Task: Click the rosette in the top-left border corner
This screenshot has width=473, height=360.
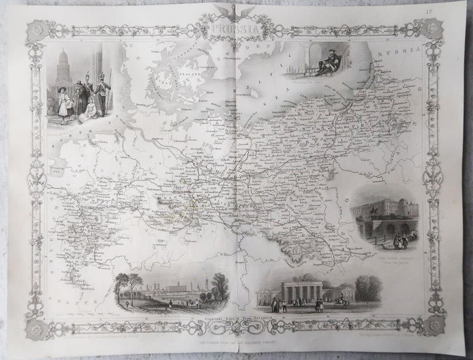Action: [32, 30]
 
